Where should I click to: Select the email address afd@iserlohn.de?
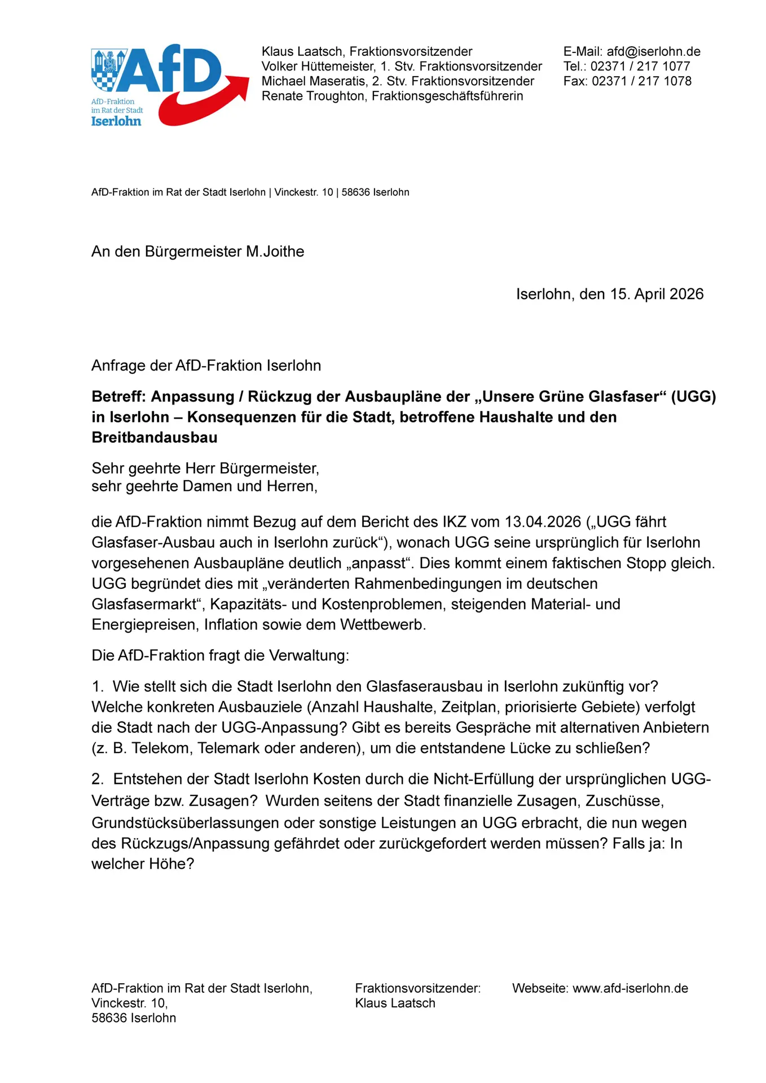click(653, 51)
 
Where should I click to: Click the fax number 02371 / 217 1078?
click(641, 81)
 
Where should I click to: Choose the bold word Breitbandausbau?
click(155, 438)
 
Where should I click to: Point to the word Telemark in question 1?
click(227, 749)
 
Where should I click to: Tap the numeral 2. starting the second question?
click(98, 780)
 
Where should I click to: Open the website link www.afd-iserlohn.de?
click(630, 988)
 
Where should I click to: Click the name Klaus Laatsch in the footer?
click(395, 1003)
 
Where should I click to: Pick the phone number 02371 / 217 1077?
click(640, 67)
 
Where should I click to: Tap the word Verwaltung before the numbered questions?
click(309, 655)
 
